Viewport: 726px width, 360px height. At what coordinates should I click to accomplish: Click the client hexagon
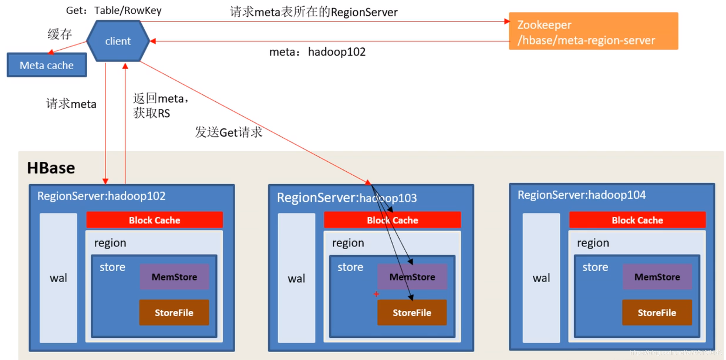click(118, 41)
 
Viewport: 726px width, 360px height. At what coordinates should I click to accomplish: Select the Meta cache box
click(47, 65)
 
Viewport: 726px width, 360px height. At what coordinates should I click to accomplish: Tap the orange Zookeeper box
click(593, 31)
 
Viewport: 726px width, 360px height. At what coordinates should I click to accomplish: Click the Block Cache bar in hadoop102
click(154, 220)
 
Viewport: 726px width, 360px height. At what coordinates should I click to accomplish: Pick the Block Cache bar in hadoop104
click(637, 220)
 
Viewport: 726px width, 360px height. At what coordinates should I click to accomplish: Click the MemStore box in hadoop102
click(174, 277)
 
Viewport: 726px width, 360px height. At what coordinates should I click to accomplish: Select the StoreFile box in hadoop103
click(412, 312)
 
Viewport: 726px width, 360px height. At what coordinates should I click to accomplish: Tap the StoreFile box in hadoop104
click(657, 312)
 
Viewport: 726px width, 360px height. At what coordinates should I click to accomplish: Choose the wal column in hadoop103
click(296, 278)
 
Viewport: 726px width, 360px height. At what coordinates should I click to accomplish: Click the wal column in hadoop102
click(58, 278)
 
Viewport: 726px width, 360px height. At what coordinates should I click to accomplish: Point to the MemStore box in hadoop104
click(657, 277)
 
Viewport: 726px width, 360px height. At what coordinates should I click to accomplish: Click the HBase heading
click(51, 168)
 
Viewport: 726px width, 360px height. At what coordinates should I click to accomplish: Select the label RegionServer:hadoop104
click(581, 195)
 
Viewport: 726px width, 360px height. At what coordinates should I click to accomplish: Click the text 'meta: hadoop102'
click(317, 52)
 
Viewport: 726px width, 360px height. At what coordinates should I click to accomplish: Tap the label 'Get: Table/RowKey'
click(113, 11)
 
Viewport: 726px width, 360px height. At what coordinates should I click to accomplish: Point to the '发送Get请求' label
click(229, 132)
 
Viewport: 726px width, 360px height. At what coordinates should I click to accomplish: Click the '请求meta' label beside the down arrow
click(71, 104)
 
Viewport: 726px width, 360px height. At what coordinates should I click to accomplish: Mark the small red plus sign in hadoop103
click(376, 294)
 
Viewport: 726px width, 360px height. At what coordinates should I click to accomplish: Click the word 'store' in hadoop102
click(112, 267)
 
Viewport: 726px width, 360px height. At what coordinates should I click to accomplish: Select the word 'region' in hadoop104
click(593, 243)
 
